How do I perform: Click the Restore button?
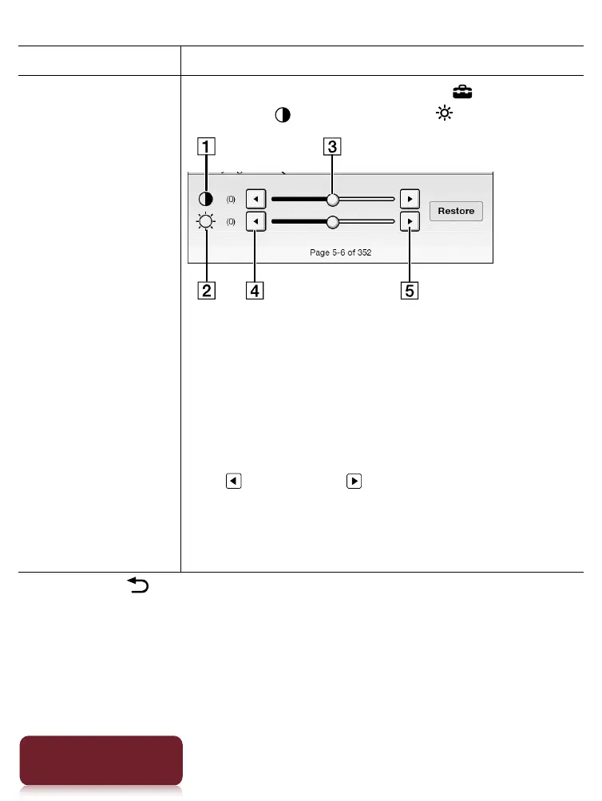(456, 212)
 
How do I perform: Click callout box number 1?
(207, 147)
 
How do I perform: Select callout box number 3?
(331, 147)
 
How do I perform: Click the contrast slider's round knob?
(332, 199)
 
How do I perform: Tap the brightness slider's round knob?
(332, 222)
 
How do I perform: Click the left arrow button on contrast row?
(254, 199)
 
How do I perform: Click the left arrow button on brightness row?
(254, 222)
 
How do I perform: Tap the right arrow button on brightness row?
(410, 222)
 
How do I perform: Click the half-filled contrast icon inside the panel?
(206, 199)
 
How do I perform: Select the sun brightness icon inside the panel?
(206, 222)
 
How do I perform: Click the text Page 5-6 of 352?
(341, 252)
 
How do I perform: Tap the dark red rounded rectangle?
(101, 759)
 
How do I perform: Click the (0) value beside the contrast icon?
(230, 199)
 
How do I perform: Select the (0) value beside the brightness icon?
(230, 222)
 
